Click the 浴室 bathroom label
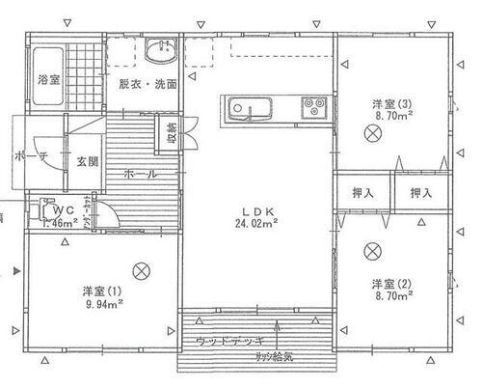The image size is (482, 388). [49, 79]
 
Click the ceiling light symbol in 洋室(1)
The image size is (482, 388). [142, 270]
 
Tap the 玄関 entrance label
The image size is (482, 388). [87, 161]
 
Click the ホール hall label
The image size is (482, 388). [141, 174]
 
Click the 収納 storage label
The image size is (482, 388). [172, 132]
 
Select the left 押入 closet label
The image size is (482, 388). [363, 193]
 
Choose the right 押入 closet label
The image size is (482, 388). [420, 193]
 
